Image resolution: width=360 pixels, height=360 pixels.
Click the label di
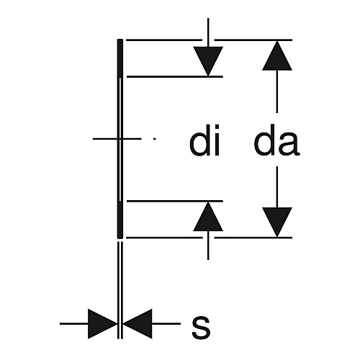204,140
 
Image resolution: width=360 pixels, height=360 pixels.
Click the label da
276,140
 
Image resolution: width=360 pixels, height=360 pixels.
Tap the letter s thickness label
201,328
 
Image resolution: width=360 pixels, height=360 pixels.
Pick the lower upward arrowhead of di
208,217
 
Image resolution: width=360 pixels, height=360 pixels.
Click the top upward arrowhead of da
277,55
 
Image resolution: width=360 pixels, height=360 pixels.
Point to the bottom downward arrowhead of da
277,222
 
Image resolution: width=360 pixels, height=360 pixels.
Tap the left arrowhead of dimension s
103,324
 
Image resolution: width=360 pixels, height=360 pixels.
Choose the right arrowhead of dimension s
138,324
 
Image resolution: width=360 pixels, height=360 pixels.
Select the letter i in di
217,140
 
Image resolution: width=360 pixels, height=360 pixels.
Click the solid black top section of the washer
120,58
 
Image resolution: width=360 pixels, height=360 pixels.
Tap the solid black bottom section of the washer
120,220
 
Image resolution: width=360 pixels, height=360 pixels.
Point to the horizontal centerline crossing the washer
117,138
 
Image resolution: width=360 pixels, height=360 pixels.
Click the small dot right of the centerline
155,138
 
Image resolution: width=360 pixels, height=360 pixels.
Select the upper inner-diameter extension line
175,76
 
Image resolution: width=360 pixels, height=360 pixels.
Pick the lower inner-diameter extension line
175,201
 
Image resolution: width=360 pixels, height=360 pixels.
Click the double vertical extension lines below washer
120,290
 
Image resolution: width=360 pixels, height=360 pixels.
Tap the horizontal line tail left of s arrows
74,324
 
